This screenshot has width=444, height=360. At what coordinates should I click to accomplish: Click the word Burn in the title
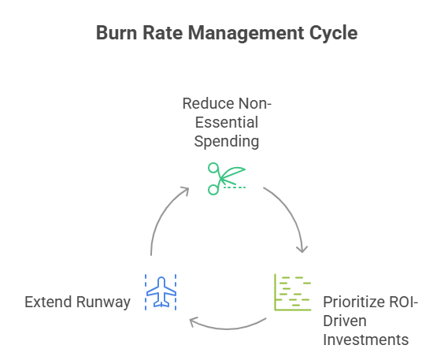click(115, 34)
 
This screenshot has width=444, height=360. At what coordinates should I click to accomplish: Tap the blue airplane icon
click(162, 292)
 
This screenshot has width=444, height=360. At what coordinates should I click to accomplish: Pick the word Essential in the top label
click(223, 123)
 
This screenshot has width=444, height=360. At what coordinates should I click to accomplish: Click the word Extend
click(50, 302)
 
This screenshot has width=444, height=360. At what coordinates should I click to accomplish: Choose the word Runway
click(105, 302)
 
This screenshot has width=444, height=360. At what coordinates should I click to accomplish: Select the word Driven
click(343, 321)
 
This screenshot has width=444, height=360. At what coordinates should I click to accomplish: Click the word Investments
click(365, 340)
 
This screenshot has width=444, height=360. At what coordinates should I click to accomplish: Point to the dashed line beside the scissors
click(234, 187)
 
